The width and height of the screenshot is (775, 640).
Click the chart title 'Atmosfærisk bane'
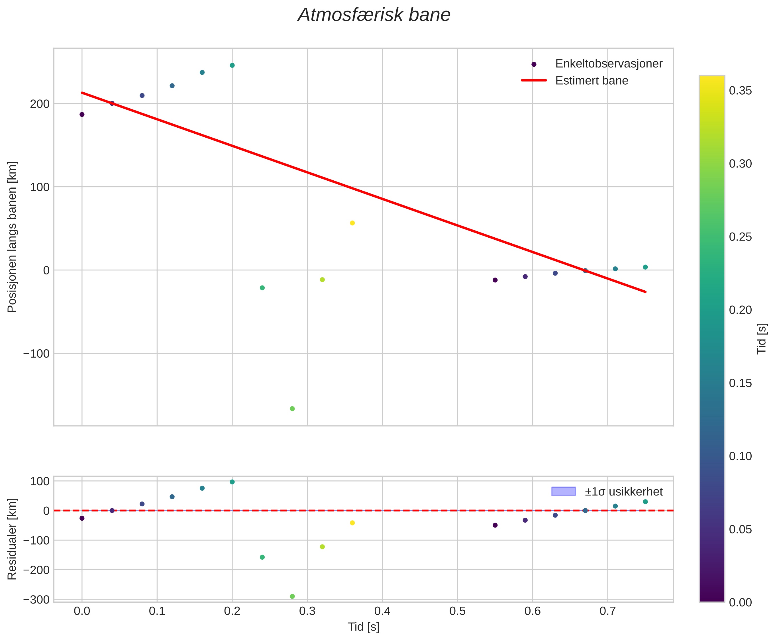coord(374,15)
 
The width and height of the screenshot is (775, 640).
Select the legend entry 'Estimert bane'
coord(592,80)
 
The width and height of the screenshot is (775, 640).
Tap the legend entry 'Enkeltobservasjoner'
coord(608,64)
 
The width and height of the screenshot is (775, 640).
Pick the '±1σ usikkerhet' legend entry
coord(623,492)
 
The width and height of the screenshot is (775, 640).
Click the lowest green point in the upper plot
coord(292,409)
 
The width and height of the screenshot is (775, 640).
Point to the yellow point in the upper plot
coord(352,223)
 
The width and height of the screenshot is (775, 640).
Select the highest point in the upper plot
coord(232,65)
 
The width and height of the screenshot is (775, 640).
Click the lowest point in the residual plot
coord(292,596)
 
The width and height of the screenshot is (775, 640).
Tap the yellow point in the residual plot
coord(352,523)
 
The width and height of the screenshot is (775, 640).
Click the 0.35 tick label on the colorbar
coord(740,91)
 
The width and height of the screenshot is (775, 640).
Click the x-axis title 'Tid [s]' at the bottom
coord(364,626)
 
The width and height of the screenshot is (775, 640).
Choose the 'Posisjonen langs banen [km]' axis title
coord(12,237)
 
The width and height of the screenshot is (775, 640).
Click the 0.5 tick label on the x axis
coord(457,611)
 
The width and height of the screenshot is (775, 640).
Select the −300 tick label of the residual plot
coord(36,600)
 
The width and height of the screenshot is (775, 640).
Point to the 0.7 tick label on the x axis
coord(608,611)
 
